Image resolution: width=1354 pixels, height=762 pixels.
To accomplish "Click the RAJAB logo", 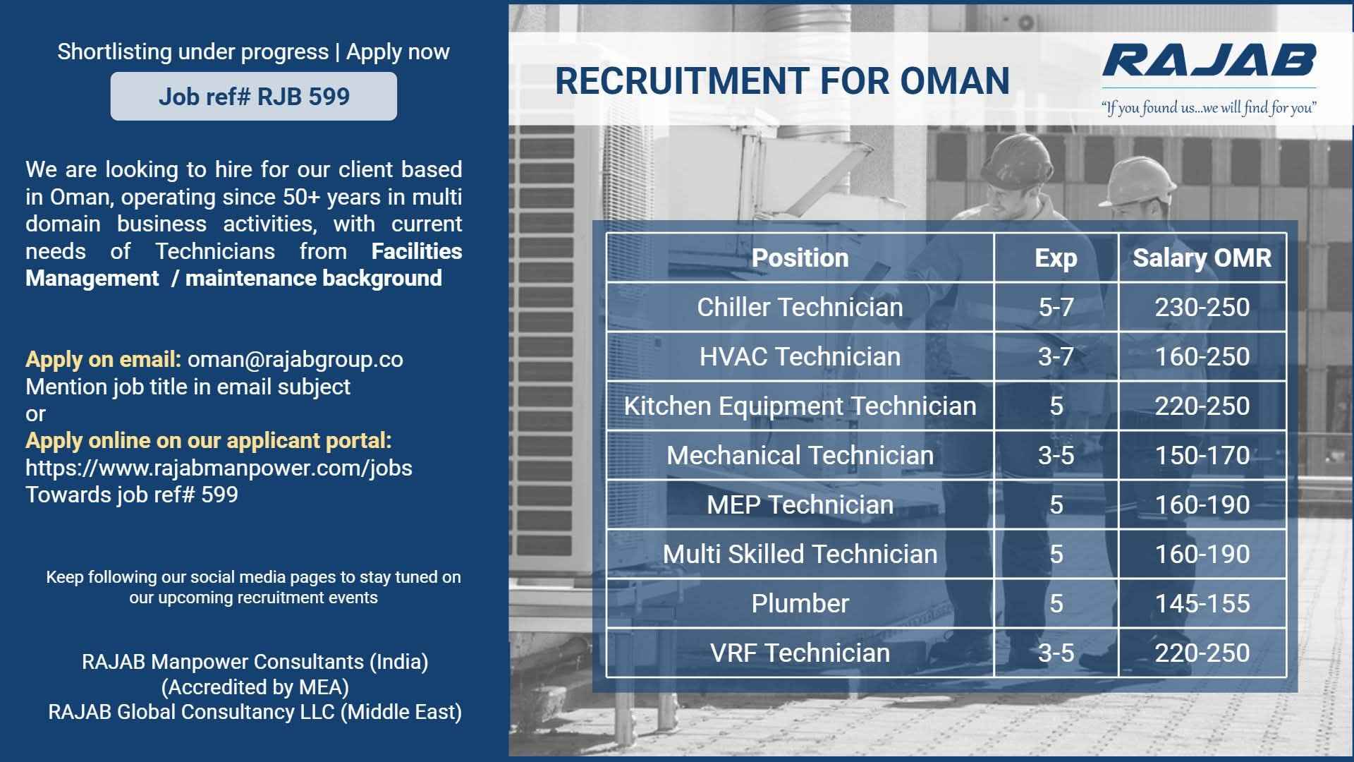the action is coord(1209,60).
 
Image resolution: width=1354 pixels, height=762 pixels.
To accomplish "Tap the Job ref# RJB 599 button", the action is coord(254,96).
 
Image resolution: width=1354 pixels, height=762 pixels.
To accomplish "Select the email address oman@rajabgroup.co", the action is coord(295,359).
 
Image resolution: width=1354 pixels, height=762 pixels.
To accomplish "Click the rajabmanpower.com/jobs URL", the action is coord(219,468).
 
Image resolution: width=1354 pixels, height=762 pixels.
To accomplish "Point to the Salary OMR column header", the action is coord(1202,258).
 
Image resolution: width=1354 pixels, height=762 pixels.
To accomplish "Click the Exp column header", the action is coord(1056,258).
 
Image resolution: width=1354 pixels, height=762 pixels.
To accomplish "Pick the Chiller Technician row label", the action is coord(800,308).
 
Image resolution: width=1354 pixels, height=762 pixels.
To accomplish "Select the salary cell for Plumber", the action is coord(1202,604).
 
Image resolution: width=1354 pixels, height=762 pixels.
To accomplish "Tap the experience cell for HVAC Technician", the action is coord(1056,357).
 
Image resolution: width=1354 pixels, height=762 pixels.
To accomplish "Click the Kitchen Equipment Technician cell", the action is coord(800,406).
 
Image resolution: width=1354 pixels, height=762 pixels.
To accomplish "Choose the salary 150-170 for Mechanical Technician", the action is coord(1202,456).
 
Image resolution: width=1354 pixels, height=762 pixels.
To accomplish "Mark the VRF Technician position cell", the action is coord(800,653).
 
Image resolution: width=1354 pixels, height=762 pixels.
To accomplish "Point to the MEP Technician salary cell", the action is coord(1202,505).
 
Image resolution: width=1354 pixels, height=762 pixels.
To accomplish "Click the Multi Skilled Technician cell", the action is coord(800,555).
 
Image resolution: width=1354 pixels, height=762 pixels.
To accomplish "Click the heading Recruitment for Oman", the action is coord(782,80).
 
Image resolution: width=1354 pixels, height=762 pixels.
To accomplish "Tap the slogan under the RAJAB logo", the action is coord(1209,108).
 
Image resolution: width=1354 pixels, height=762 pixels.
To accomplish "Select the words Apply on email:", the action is coord(103,359).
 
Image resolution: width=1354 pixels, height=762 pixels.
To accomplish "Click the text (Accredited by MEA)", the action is coord(255,687).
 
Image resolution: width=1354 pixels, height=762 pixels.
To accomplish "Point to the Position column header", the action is coord(800,258).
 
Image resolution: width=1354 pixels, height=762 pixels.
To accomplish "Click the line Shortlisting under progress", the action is coord(193,52).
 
